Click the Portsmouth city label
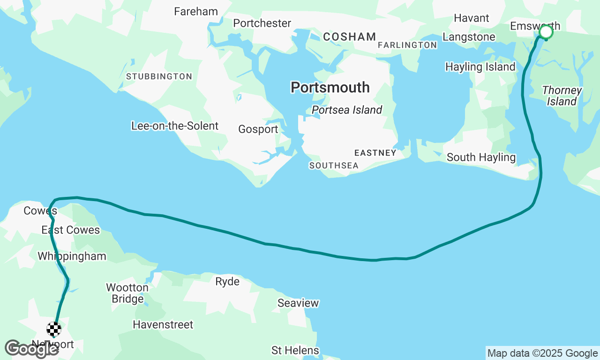coord(330,88)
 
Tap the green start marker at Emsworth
coord(546,32)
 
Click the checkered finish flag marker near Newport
coord(54,330)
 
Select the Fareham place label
coord(196,12)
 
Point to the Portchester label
coord(262,23)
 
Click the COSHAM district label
coord(349,37)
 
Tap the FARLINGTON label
coord(407,45)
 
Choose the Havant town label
coord(471,18)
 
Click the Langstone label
coord(469,37)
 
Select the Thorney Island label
coord(562,96)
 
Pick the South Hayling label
coord(481,157)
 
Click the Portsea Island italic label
coord(347,110)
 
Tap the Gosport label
coord(258,129)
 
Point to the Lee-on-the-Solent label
coord(175,126)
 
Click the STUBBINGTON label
coord(159,76)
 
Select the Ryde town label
coord(227,282)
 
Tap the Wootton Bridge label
coord(127,293)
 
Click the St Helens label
coord(295,350)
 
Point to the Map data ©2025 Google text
coord(542,353)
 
